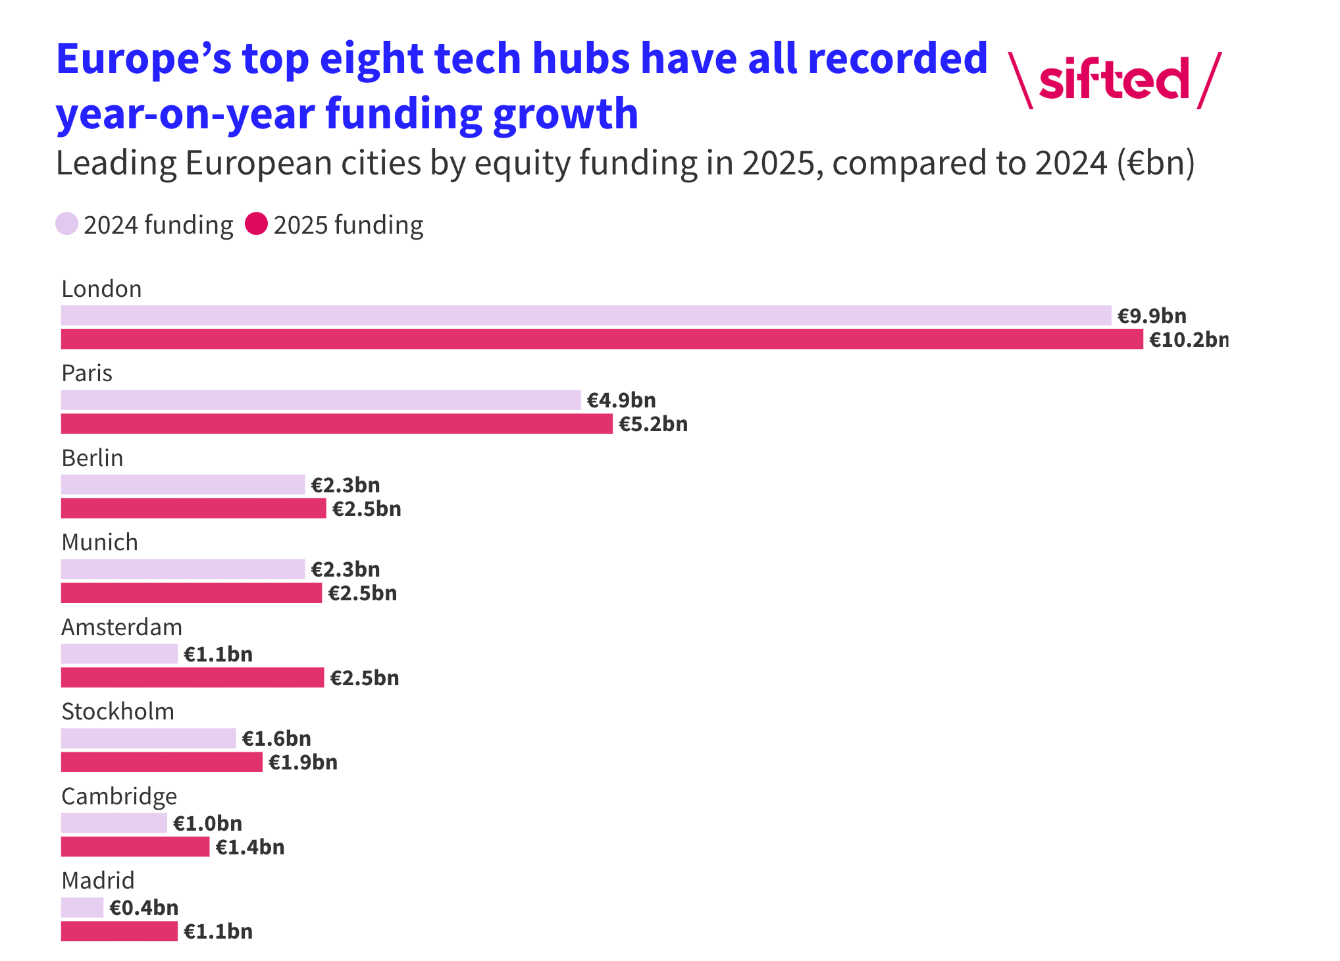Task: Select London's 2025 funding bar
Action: (602, 340)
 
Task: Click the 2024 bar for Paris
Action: (321, 400)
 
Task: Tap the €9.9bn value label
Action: (1152, 316)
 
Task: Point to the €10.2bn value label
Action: (1188, 340)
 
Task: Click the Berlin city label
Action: (92, 458)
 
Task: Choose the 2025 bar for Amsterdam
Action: (192, 678)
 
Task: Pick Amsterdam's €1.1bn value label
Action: (218, 654)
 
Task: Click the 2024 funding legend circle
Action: (67, 224)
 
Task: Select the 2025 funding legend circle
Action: (256, 224)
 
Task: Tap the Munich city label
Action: (99, 542)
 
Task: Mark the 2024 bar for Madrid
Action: (82, 908)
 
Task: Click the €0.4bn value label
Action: (143, 908)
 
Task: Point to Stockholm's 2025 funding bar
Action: (161, 762)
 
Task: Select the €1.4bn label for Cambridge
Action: (250, 847)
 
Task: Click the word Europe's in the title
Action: (143, 59)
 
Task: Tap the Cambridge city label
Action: (119, 796)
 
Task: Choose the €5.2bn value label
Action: (653, 424)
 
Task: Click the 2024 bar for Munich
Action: (183, 569)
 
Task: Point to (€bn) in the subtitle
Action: (1155, 163)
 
